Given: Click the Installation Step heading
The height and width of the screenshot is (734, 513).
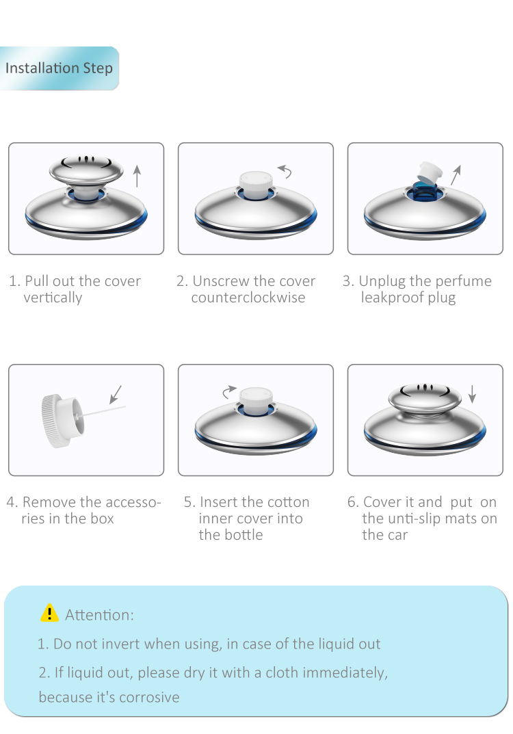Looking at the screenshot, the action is (x=59, y=68).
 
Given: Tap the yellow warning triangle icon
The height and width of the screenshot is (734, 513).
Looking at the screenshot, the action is (x=49, y=613).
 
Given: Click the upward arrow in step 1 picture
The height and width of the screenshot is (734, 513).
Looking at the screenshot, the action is (x=137, y=176).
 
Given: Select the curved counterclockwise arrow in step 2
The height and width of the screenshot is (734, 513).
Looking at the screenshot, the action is (x=285, y=171).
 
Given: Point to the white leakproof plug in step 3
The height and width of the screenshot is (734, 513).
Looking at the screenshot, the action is (x=428, y=172).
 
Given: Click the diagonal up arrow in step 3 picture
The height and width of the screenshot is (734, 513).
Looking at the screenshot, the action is (x=456, y=175).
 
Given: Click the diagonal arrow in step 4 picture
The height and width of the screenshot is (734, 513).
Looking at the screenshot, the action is (x=116, y=394).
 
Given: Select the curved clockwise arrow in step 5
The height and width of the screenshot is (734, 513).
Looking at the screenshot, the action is (x=229, y=392).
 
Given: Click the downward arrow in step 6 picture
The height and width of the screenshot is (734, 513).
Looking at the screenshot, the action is (x=472, y=394).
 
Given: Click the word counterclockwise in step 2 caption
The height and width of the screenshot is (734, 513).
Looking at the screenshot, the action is (x=248, y=298).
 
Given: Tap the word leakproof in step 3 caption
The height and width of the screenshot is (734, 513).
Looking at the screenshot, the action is (x=392, y=298).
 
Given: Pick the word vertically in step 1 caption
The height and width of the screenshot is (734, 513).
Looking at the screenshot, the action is (x=53, y=298).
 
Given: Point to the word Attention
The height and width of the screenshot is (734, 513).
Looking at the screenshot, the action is (x=99, y=615).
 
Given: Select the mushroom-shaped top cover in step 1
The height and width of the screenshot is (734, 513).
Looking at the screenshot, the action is (x=86, y=170).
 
